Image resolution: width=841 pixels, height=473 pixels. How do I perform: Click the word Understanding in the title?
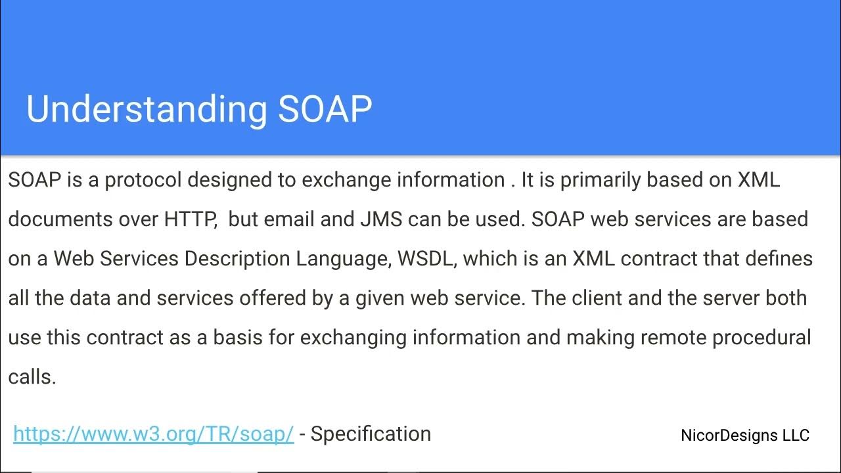[147, 109]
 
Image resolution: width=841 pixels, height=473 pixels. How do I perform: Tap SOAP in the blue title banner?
[325, 109]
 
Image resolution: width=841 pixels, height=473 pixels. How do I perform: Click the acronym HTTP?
[190, 219]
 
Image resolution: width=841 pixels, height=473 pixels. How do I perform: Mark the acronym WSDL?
[426, 258]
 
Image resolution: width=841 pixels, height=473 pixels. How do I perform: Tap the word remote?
[673, 337]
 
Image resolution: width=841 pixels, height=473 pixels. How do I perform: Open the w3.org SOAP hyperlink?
[153, 434]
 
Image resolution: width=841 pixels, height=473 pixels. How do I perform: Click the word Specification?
[371, 434]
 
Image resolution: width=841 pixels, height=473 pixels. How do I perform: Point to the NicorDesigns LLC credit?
[745, 435]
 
